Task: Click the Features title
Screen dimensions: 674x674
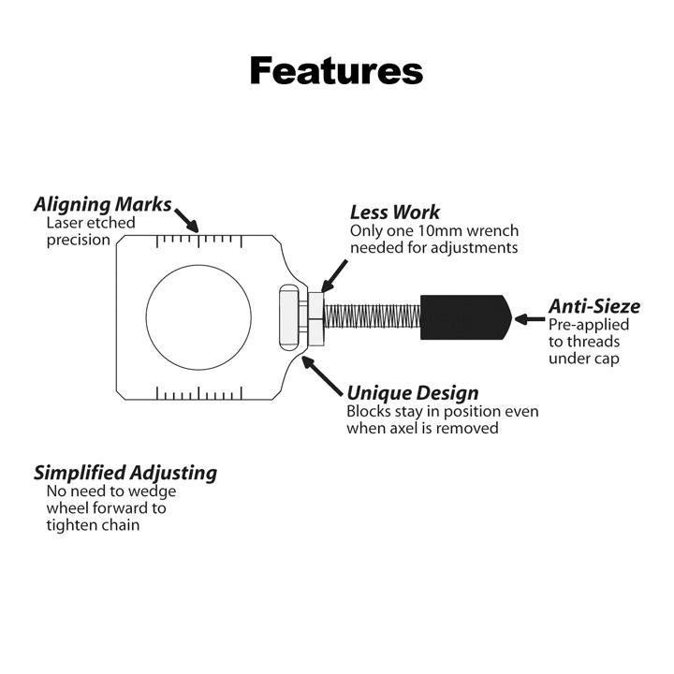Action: click(336, 70)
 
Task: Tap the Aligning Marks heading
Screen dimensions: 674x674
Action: click(103, 204)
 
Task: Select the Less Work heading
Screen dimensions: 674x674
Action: click(394, 212)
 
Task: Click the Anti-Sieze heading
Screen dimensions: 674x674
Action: click(594, 305)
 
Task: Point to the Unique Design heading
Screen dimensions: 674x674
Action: click(412, 392)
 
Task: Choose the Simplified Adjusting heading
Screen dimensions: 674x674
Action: click(125, 472)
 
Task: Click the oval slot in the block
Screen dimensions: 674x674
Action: click(286, 317)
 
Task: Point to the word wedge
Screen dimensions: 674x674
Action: click(154, 491)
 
